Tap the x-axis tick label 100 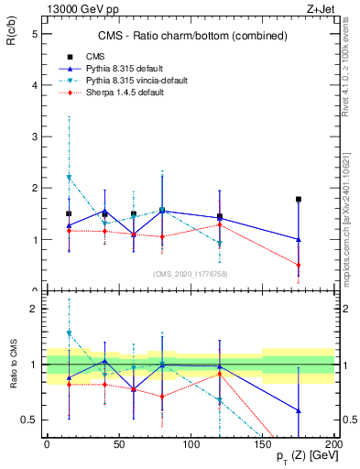(x=191, y=443)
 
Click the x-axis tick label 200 (x=334, y=443)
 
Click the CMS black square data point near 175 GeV (x=299, y=199)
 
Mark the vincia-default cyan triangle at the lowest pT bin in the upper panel (x=69, y=178)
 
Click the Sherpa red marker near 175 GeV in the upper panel (x=299, y=266)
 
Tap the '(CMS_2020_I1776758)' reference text (x=191, y=273)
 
